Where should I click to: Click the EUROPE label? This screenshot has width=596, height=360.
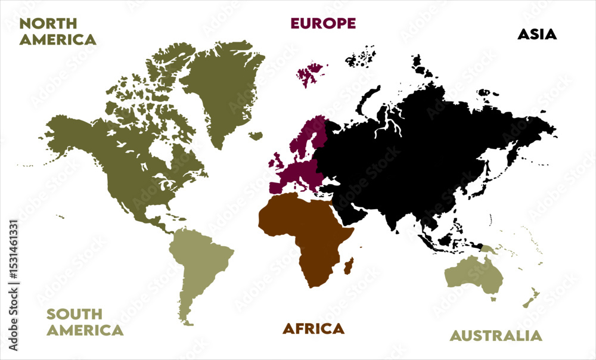322,23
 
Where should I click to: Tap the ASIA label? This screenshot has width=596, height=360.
536,34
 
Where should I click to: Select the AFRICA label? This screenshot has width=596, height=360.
313,328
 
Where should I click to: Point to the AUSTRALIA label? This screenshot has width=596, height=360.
496,336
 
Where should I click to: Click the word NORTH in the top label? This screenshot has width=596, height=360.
48,23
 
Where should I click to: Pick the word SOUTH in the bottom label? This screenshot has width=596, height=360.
74,314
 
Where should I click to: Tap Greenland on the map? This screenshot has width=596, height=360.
223,89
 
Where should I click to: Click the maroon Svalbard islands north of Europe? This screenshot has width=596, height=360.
309,75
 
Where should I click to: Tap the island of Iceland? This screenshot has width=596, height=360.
256,136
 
